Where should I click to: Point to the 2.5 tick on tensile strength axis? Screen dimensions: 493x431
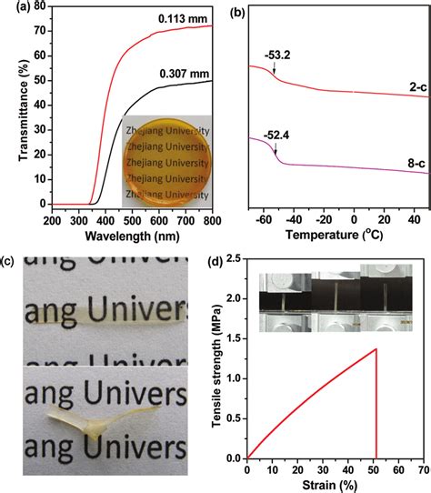click(235, 259)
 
